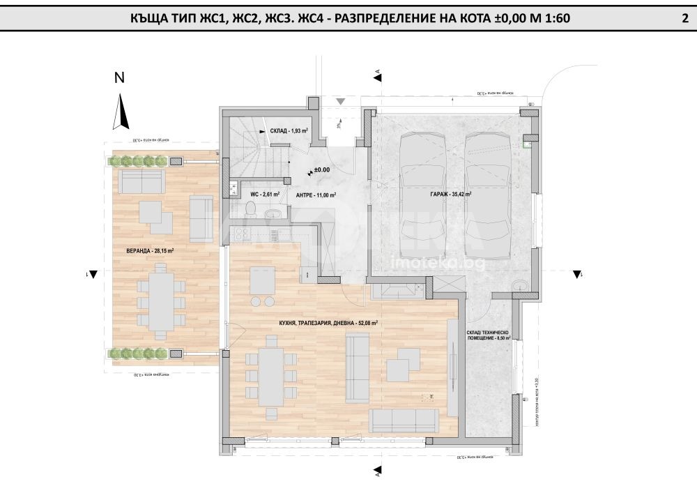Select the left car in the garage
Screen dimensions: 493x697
pyautogui.click(x=422, y=195)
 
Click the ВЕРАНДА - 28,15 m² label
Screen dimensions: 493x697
pyautogui.click(x=144, y=250)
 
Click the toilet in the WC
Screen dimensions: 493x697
pyautogui.click(x=251, y=208)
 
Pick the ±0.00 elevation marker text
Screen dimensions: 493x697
pyautogui.click(x=321, y=169)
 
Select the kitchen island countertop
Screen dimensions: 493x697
pyautogui.click(x=263, y=280)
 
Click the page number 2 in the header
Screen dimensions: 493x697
pyautogui.click(x=684, y=19)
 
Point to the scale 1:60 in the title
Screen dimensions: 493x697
pyautogui.click(x=554, y=19)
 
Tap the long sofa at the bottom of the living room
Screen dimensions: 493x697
pyautogui.click(x=403, y=420)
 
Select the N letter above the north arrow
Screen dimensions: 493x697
pyautogui.click(x=119, y=79)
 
